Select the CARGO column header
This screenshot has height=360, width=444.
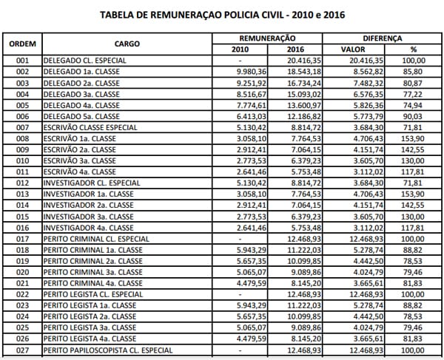pos(127,44)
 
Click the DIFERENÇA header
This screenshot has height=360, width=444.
pos(383,38)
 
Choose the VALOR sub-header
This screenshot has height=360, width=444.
pos(353,49)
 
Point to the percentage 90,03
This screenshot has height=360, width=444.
pos(419,117)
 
